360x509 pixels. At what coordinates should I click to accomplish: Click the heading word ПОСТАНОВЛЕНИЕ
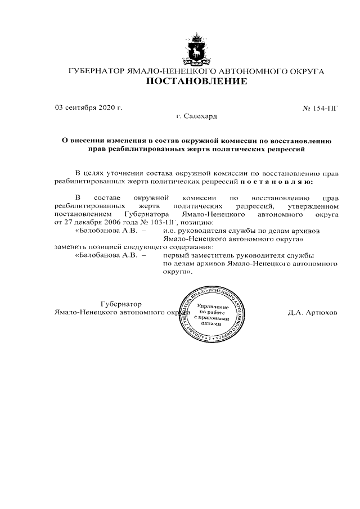click(x=196, y=82)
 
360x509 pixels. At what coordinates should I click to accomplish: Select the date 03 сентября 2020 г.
click(x=88, y=107)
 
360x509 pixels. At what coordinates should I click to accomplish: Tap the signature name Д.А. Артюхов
click(x=312, y=312)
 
